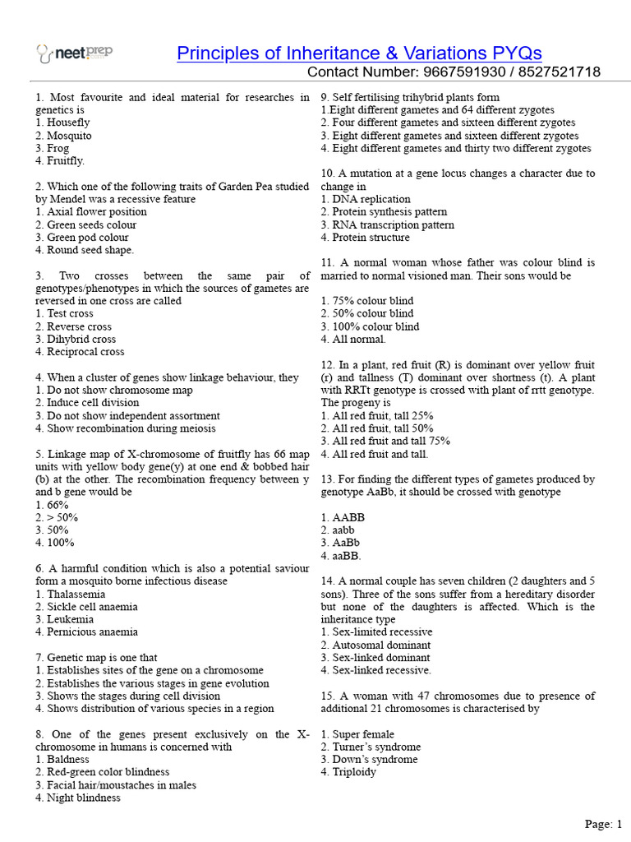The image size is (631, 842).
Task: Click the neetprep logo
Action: (75, 53)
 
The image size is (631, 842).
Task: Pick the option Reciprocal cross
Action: (81, 352)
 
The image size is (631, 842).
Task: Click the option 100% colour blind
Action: (370, 326)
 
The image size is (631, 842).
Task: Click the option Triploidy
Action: (348, 772)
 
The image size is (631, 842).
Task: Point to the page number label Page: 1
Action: (604, 824)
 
